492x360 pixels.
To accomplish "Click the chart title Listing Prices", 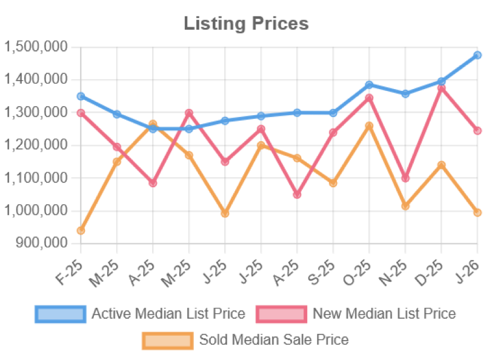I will (x=246, y=24).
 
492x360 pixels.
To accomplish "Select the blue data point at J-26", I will (x=477, y=55).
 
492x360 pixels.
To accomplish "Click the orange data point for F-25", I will (x=81, y=231).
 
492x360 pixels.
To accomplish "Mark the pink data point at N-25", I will (x=405, y=178).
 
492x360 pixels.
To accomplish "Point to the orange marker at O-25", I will (x=369, y=125).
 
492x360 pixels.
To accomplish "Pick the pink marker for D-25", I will (x=442, y=88).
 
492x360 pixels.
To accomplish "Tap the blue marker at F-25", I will (x=81, y=96).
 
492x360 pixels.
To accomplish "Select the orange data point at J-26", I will (x=477, y=213).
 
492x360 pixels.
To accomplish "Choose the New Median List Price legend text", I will (x=384, y=314).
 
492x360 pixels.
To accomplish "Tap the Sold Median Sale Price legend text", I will (x=274, y=339).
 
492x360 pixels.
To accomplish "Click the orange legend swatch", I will (x=167, y=339).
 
